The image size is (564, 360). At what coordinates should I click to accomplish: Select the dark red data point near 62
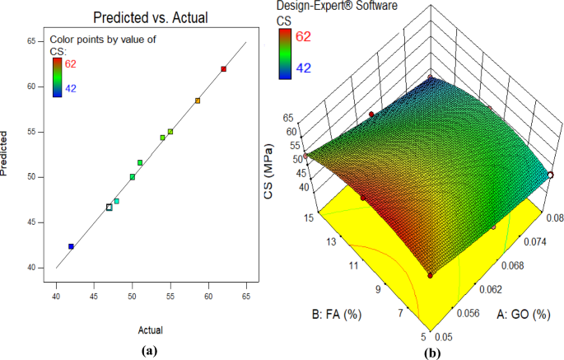tap(223, 69)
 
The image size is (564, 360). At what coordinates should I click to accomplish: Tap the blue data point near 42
tap(71, 246)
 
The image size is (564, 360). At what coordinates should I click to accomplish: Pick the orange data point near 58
tap(198, 101)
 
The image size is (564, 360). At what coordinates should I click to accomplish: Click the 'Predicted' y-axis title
tap(7, 153)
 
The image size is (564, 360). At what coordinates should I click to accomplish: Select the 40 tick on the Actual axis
tap(56, 297)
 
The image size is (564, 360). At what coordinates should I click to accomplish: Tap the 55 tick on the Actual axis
tap(170, 297)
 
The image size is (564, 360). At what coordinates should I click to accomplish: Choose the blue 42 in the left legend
tap(71, 89)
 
